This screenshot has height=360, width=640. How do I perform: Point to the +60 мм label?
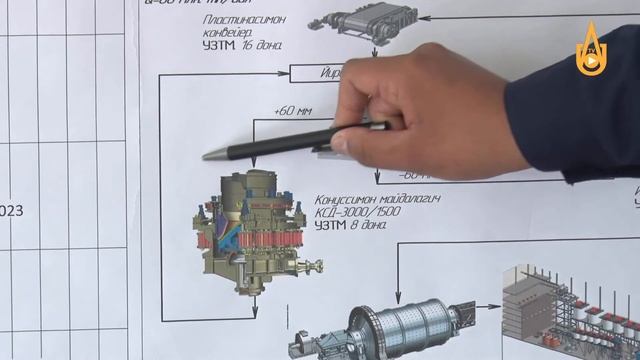[290, 111]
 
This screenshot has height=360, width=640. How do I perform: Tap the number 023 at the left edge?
[11, 211]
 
